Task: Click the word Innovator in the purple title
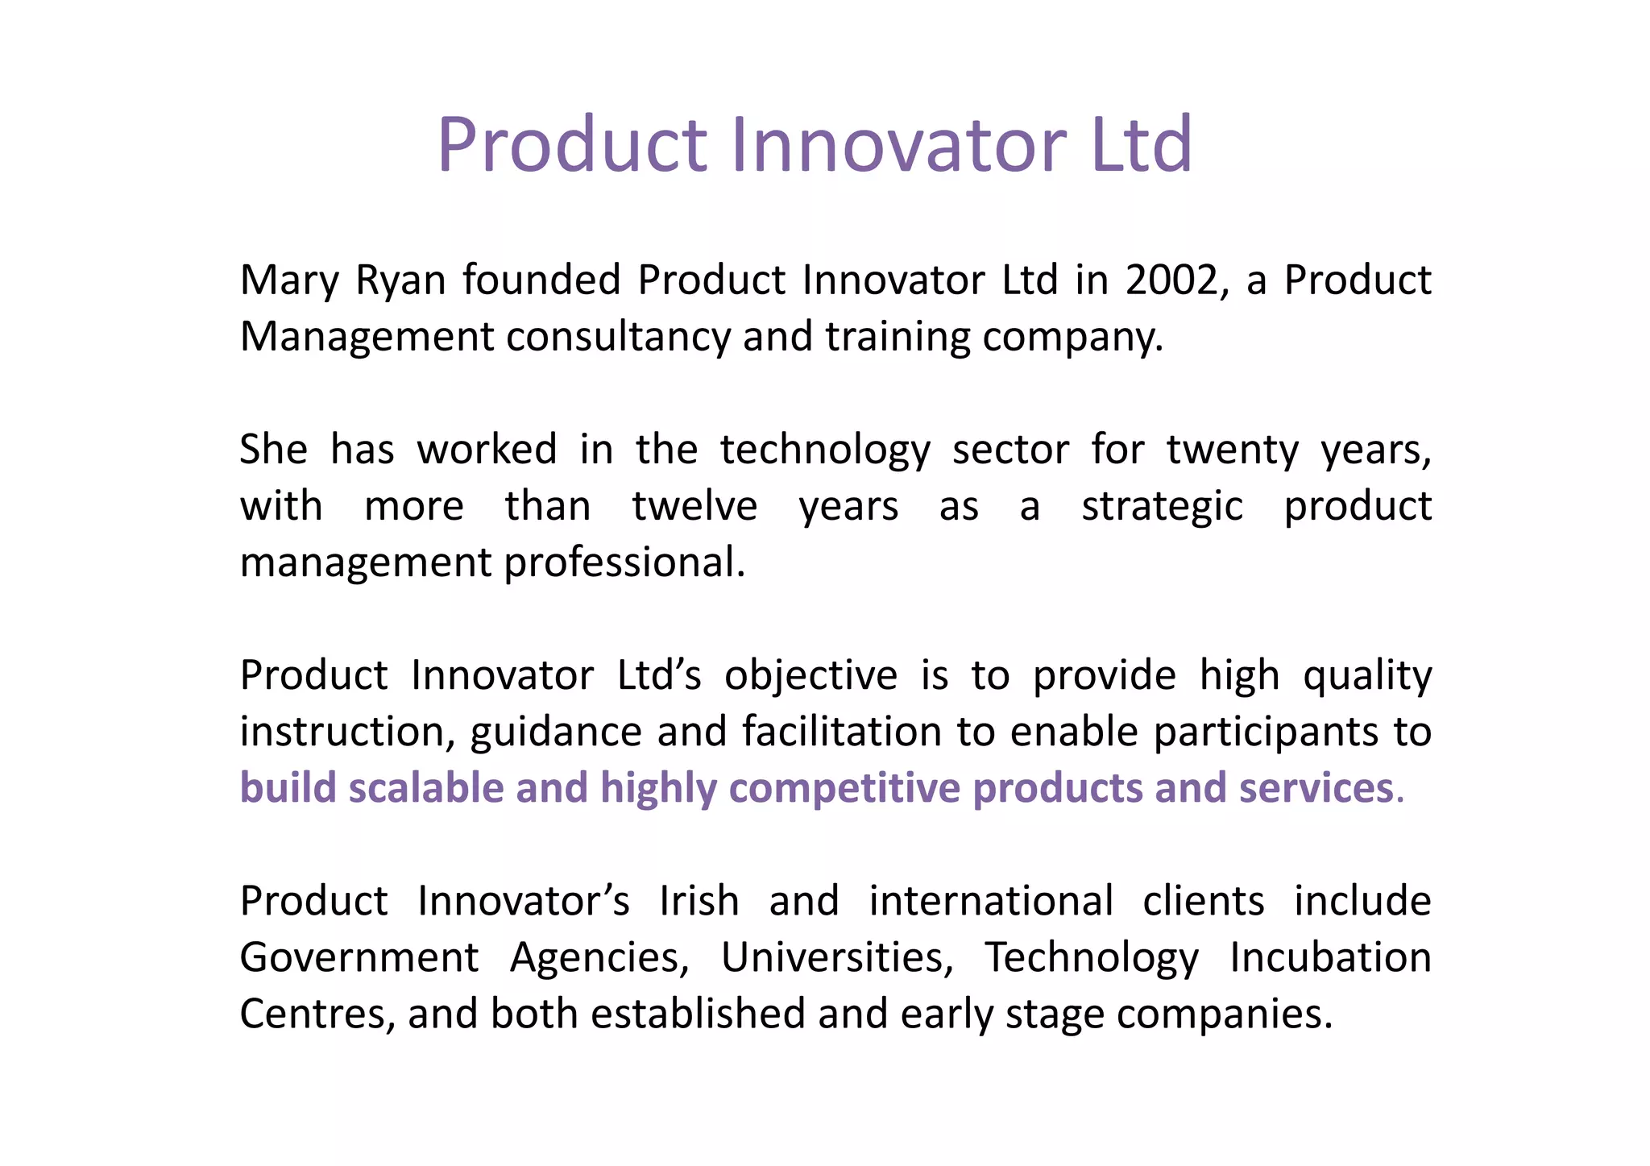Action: point(898,145)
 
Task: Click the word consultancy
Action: point(618,338)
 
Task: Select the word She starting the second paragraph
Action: point(274,449)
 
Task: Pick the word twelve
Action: point(694,506)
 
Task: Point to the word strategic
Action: point(1162,507)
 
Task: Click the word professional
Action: point(624,562)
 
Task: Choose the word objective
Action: point(810,676)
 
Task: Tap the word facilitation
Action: point(842,732)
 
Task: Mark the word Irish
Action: point(699,901)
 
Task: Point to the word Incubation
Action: point(1330,957)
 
